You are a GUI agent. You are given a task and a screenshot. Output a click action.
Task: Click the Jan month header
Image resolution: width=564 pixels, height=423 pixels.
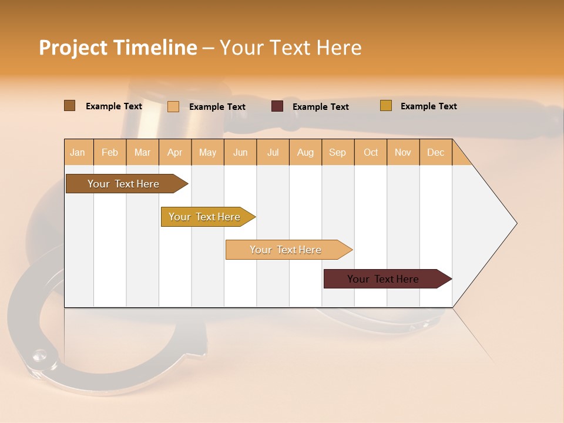pos(78,152)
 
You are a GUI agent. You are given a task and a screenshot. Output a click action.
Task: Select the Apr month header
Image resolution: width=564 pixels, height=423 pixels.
pos(175,152)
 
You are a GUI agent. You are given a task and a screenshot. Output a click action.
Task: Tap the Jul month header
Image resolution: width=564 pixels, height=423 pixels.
pos(273,152)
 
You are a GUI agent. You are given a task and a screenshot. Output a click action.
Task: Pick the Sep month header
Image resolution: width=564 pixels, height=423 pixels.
pos(338,152)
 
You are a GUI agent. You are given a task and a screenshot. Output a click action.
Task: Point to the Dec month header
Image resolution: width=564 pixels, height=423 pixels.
pos(435,152)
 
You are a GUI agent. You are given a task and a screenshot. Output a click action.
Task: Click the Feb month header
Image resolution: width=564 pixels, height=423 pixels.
pos(110,152)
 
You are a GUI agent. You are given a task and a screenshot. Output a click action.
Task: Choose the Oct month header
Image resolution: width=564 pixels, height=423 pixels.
pos(371,152)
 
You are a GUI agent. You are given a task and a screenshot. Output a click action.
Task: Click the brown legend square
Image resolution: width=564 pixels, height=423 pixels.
pos(70,106)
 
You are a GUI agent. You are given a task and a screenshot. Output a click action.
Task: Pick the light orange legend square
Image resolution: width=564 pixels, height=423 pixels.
pos(173,106)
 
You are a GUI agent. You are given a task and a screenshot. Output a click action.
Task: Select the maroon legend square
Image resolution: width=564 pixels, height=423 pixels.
pos(277,106)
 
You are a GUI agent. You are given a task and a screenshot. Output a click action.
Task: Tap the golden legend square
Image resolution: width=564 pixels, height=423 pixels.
pos(386,106)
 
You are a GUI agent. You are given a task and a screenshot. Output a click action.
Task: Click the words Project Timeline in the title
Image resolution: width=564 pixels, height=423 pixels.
pos(117,48)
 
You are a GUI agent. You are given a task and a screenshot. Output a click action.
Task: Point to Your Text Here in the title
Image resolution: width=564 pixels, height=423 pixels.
pos(290,48)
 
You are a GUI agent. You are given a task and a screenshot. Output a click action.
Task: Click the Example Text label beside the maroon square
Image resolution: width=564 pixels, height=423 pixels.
pos(320,107)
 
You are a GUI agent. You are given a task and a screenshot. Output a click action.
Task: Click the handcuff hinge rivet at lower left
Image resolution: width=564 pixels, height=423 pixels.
pos(39,354)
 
